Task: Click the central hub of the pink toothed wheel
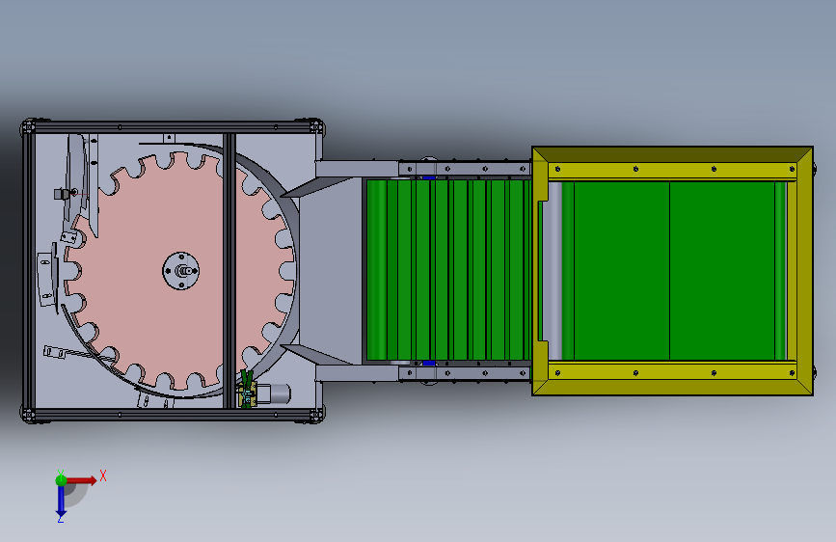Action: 180,271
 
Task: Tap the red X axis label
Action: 103,475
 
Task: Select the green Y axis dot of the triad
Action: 61,479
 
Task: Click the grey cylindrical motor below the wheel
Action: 278,393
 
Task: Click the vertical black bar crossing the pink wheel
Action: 229,271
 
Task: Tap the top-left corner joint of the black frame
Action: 28,127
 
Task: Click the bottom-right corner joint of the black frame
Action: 316,415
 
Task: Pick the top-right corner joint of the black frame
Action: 316,127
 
